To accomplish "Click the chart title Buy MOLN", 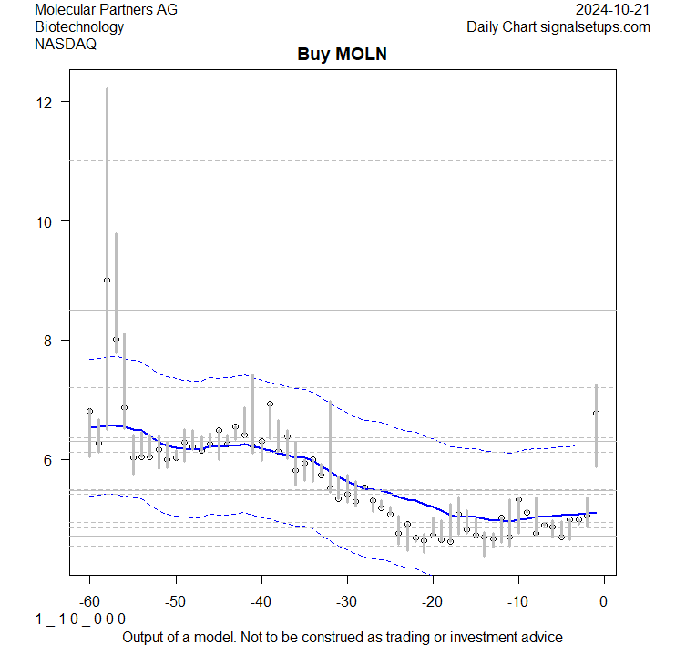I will (x=343, y=55).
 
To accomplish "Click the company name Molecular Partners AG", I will (x=106, y=9).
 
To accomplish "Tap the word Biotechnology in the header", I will (x=79, y=26).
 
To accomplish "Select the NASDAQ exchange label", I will (x=66, y=43).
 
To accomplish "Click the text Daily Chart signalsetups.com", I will (x=558, y=26).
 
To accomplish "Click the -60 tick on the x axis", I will (x=89, y=600).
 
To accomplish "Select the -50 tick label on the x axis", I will (x=175, y=600).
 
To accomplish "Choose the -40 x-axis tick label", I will (x=261, y=600).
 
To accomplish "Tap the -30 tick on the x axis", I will (x=346, y=600).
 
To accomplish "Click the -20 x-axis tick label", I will (x=432, y=600).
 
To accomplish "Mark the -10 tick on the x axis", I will (x=517, y=600).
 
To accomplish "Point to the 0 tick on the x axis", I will (x=604, y=600).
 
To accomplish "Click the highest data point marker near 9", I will (x=107, y=281).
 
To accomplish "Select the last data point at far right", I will (x=596, y=413).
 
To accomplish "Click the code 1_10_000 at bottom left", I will (x=80, y=619).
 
